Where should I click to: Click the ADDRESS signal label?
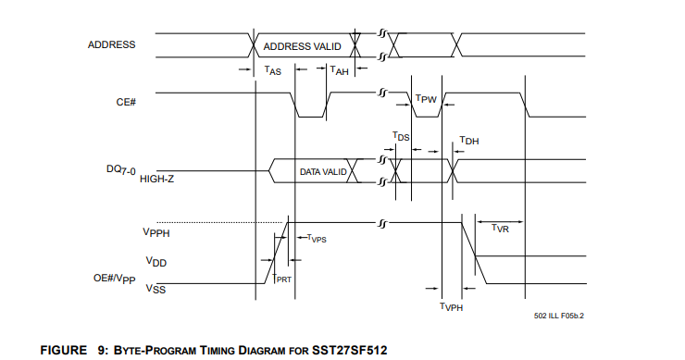[x=111, y=44]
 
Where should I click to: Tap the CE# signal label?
[x=126, y=102]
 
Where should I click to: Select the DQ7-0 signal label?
[x=121, y=170]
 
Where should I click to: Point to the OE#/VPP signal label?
[x=115, y=279]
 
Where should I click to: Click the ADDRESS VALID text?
[x=303, y=47]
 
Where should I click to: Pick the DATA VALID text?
[x=323, y=172]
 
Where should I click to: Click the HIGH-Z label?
[x=156, y=180]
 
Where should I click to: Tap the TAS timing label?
[x=273, y=70]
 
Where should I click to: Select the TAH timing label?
[x=340, y=70]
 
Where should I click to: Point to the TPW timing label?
[x=426, y=99]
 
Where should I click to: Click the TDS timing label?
[x=401, y=136]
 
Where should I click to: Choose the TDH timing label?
[x=469, y=141]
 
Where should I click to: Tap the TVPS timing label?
[x=317, y=239]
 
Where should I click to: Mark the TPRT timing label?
[x=281, y=279]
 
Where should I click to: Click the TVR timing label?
[x=500, y=228]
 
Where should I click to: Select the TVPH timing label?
[x=452, y=306]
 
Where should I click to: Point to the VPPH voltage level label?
[x=156, y=232]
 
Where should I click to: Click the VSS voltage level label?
[x=156, y=289]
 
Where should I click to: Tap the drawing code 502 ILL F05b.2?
[x=559, y=316]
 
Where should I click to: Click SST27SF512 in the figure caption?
[x=350, y=351]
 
